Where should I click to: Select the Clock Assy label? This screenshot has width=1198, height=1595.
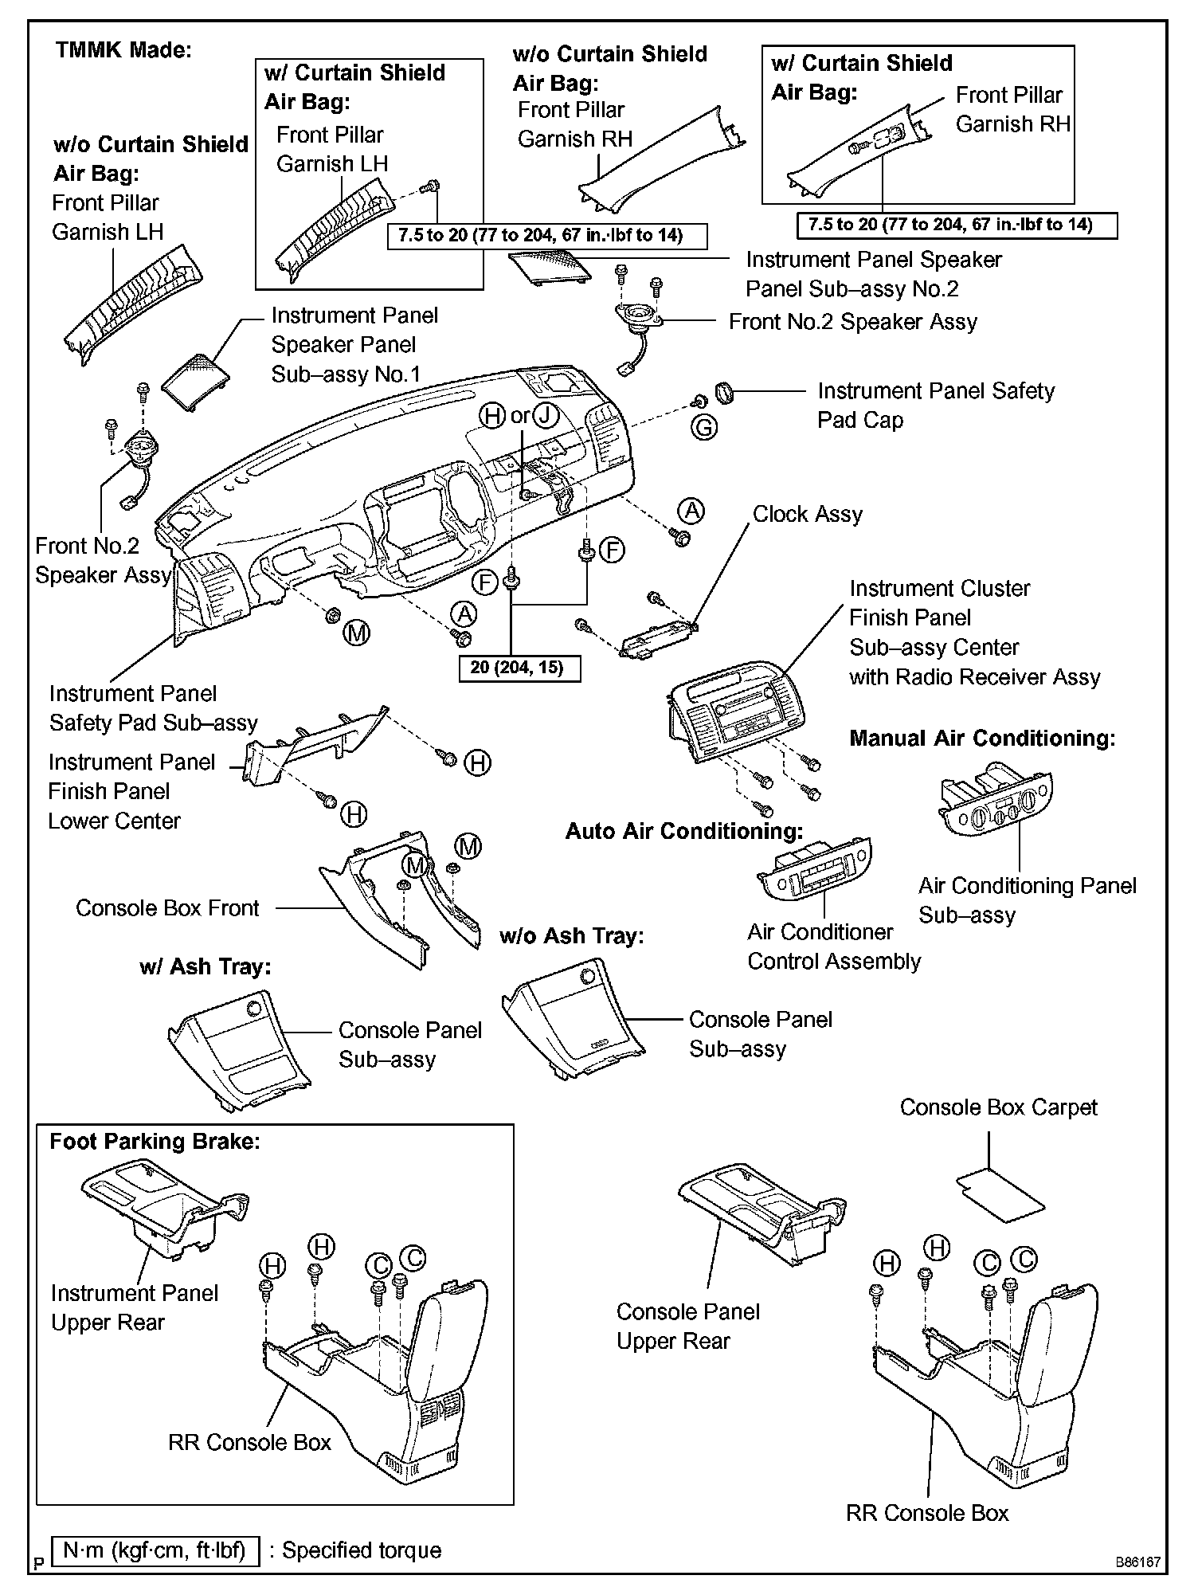tap(807, 515)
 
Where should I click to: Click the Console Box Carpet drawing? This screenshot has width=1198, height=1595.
tap(1000, 1191)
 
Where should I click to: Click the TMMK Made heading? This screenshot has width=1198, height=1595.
tap(124, 50)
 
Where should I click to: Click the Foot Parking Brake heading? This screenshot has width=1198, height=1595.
tap(155, 1142)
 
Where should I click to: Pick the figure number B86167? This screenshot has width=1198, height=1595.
tap(1137, 1562)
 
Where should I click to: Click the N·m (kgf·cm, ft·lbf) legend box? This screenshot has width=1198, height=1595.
tap(155, 1550)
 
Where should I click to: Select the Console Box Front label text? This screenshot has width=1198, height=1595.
tap(167, 908)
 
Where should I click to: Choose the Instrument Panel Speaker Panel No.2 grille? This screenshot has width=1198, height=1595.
tap(549, 264)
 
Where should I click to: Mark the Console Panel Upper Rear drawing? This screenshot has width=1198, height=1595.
tap(761, 1211)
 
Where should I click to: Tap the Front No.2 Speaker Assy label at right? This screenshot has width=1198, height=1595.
tap(852, 322)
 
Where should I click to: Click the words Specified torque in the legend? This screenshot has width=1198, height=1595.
tap(361, 1550)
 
